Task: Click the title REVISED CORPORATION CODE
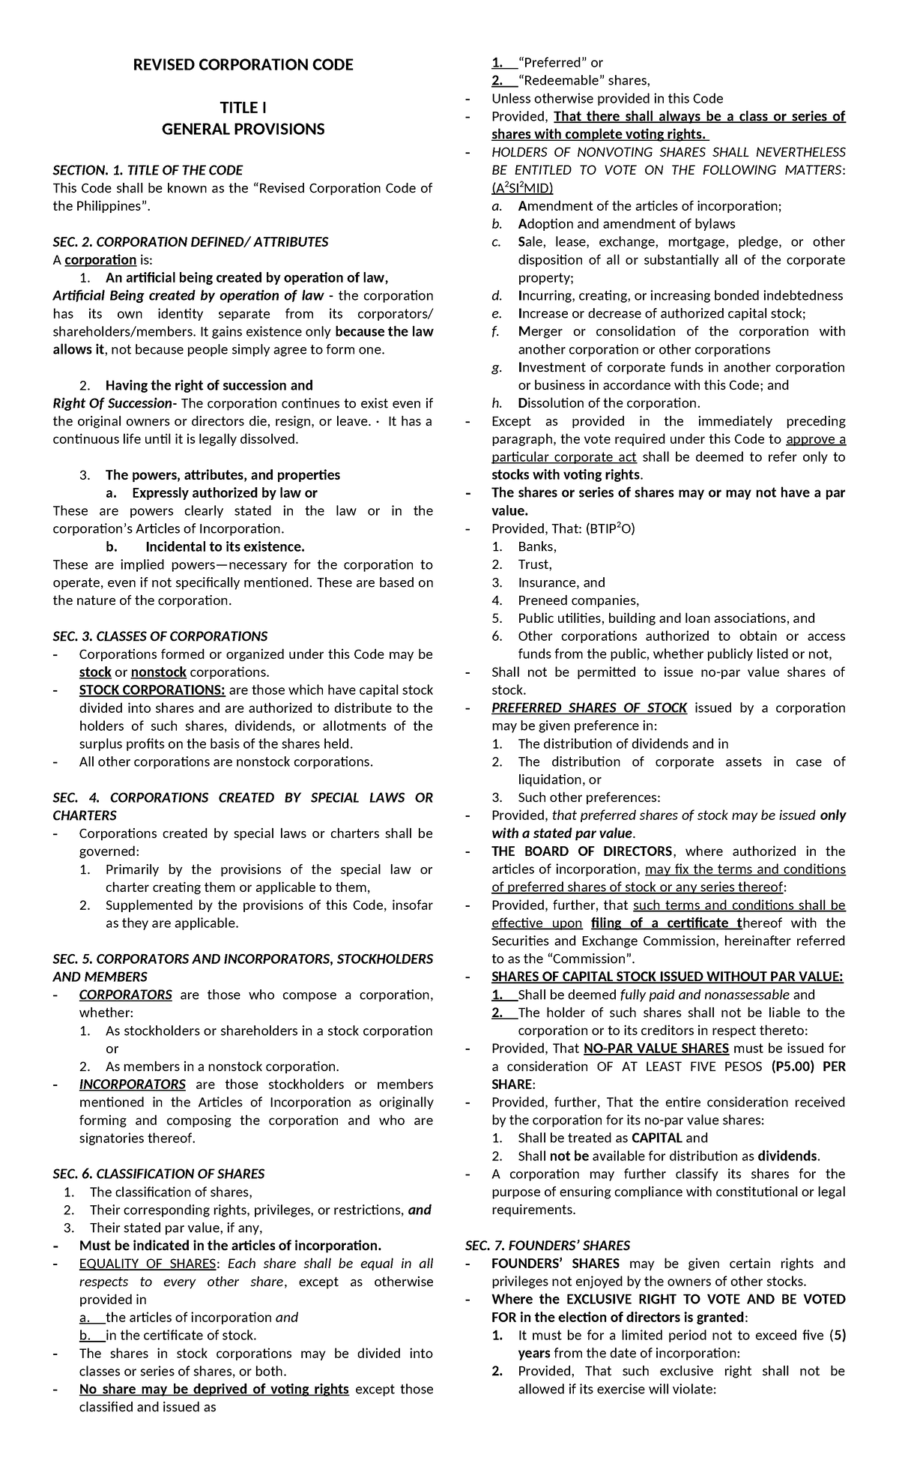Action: coord(243,65)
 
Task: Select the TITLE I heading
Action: coord(243,109)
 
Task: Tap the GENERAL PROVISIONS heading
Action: coord(243,129)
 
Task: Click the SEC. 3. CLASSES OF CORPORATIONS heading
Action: coord(160,636)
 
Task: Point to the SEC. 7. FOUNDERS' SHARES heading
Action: coord(547,1246)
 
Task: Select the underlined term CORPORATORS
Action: coord(125,995)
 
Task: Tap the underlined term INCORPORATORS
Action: coord(132,1085)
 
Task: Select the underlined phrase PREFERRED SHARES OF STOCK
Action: coord(589,708)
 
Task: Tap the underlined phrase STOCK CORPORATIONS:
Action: coord(151,690)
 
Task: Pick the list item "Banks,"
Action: coord(536,547)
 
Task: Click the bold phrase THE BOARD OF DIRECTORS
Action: coord(582,851)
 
